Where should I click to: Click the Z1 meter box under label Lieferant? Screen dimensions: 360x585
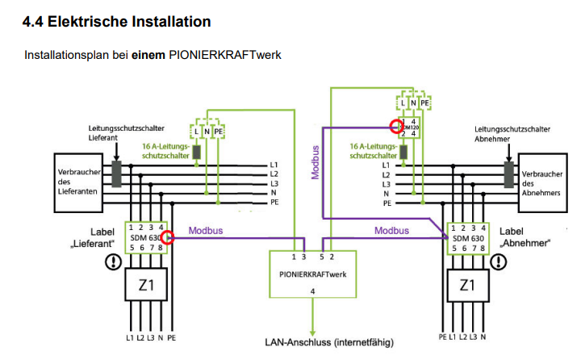(145, 285)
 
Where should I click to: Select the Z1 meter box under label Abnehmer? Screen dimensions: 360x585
(466, 285)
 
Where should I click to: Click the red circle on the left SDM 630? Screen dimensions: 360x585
(168, 237)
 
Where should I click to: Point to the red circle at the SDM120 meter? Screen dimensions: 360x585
(395, 126)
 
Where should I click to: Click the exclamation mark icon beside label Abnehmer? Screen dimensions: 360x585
(500, 262)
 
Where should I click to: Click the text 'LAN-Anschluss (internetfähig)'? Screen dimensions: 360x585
(328, 342)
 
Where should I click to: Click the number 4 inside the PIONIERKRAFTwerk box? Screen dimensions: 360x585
(311, 291)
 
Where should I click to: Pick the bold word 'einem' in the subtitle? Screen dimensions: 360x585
(148, 56)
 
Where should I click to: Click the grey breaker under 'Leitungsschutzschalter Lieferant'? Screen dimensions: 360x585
(117, 173)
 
